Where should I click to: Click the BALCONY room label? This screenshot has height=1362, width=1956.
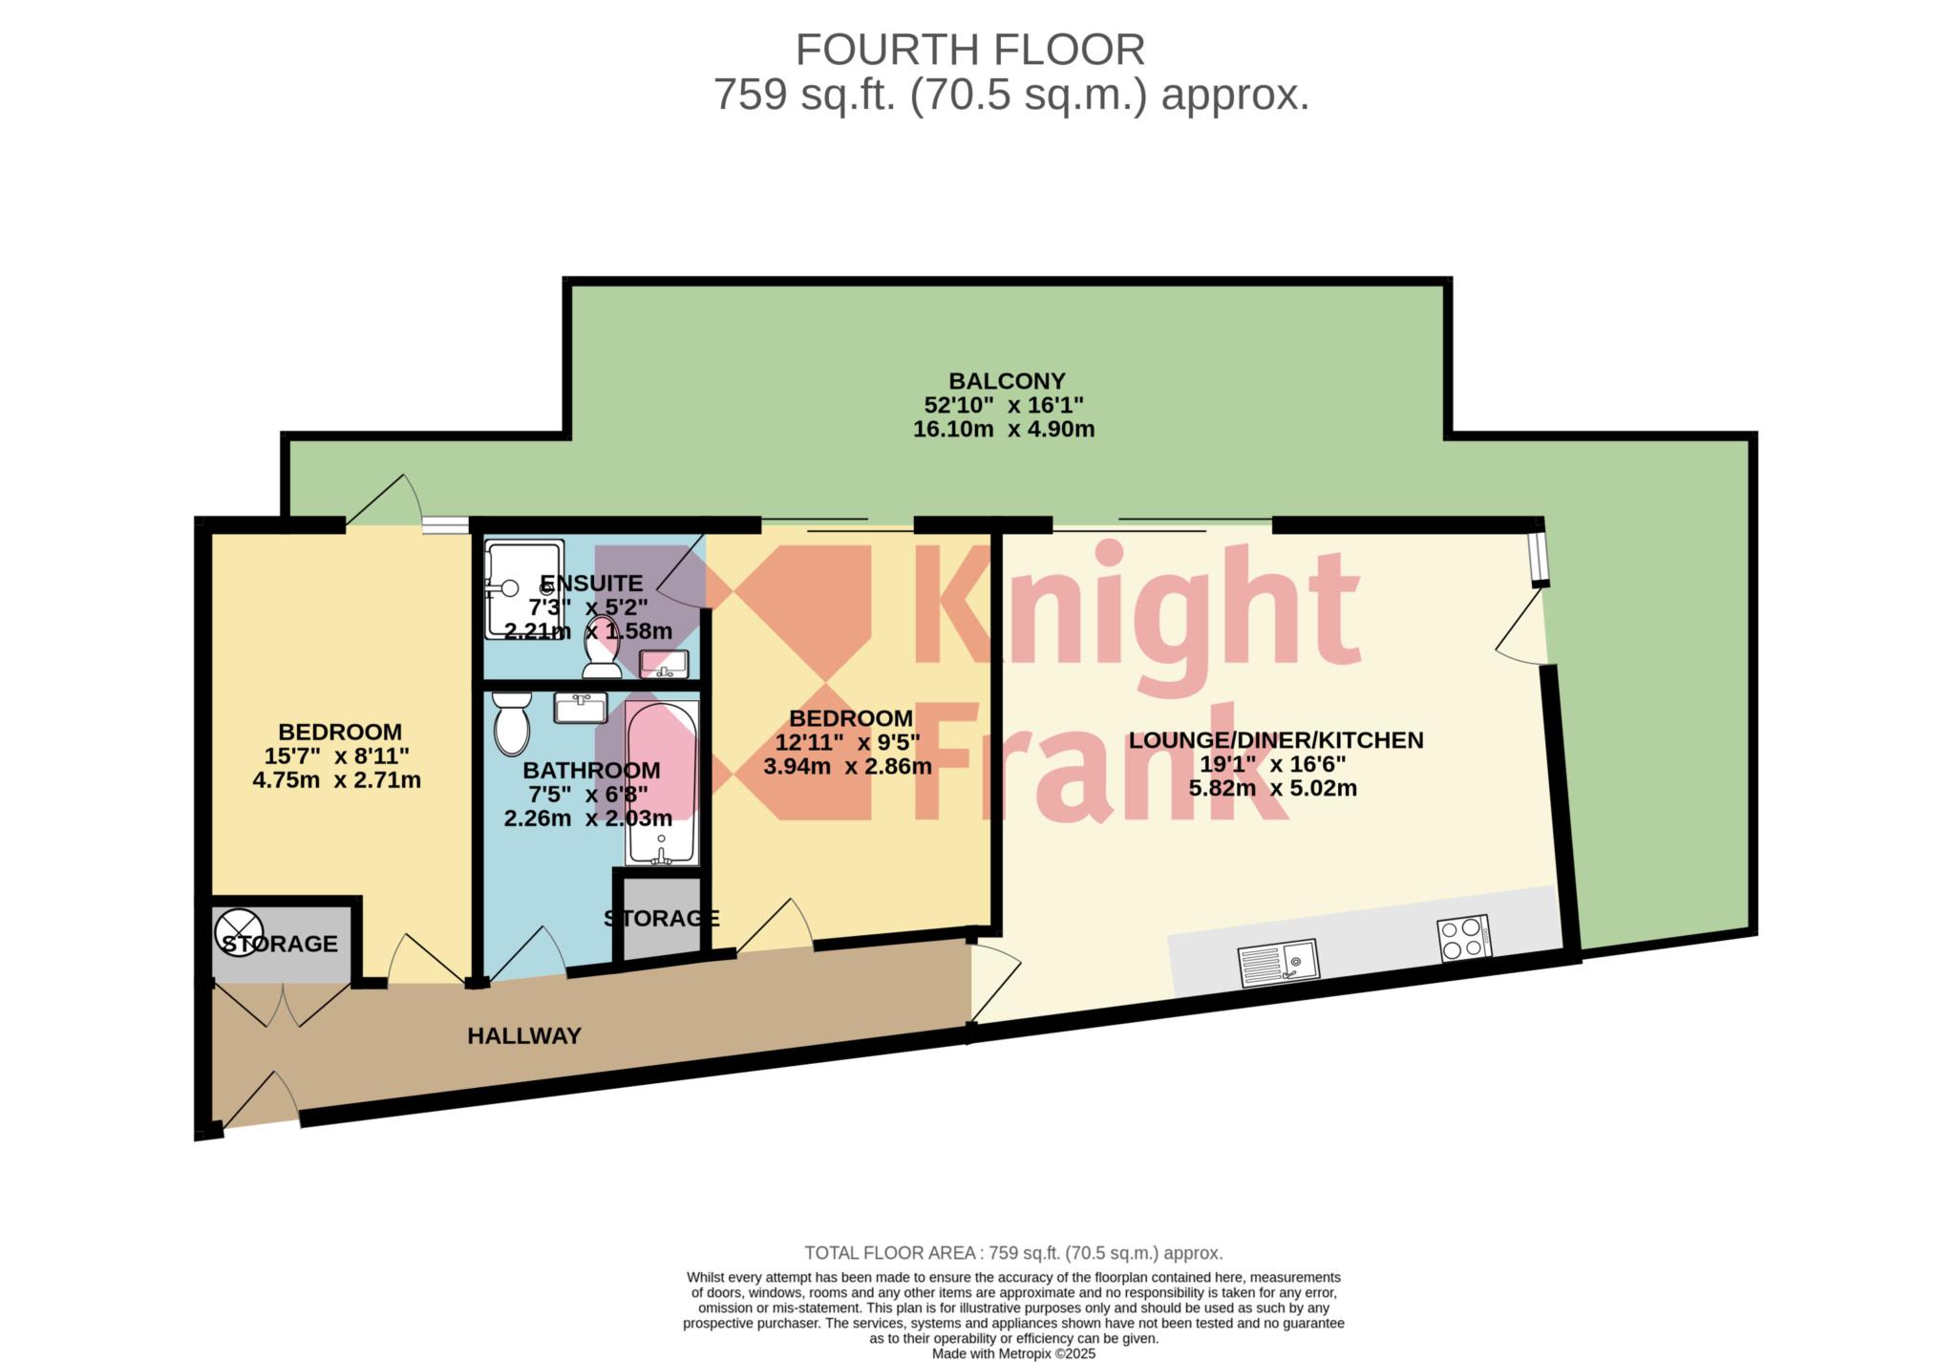click(1007, 381)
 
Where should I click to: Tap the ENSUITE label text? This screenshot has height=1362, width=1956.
click(591, 583)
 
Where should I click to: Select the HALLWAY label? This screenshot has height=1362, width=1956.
click(524, 1035)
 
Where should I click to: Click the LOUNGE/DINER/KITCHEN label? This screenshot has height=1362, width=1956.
click(1276, 740)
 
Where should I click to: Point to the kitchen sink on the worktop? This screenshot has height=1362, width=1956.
click(1277, 963)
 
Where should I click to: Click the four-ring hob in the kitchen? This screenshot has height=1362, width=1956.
click(1464, 937)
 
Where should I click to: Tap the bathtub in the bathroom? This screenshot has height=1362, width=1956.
click(662, 783)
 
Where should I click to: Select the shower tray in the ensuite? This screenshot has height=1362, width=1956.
click(524, 589)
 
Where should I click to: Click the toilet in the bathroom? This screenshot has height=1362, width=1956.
click(512, 724)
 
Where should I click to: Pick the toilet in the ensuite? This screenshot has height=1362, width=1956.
click(602, 647)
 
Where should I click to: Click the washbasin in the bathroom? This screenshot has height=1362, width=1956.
click(580, 708)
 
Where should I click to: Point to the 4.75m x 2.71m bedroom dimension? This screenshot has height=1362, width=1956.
click(336, 780)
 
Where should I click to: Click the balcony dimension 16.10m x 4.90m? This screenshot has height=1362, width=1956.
click(1004, 429)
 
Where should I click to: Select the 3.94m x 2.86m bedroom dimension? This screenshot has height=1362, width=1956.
click(848, 766)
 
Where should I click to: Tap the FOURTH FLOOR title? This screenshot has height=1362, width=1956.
click(970, 50)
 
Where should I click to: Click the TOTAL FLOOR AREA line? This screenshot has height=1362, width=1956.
click(1013, 1253)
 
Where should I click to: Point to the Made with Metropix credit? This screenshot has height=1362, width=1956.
click(1013, 1353)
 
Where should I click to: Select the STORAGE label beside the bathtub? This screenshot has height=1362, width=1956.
click(661, 918)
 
